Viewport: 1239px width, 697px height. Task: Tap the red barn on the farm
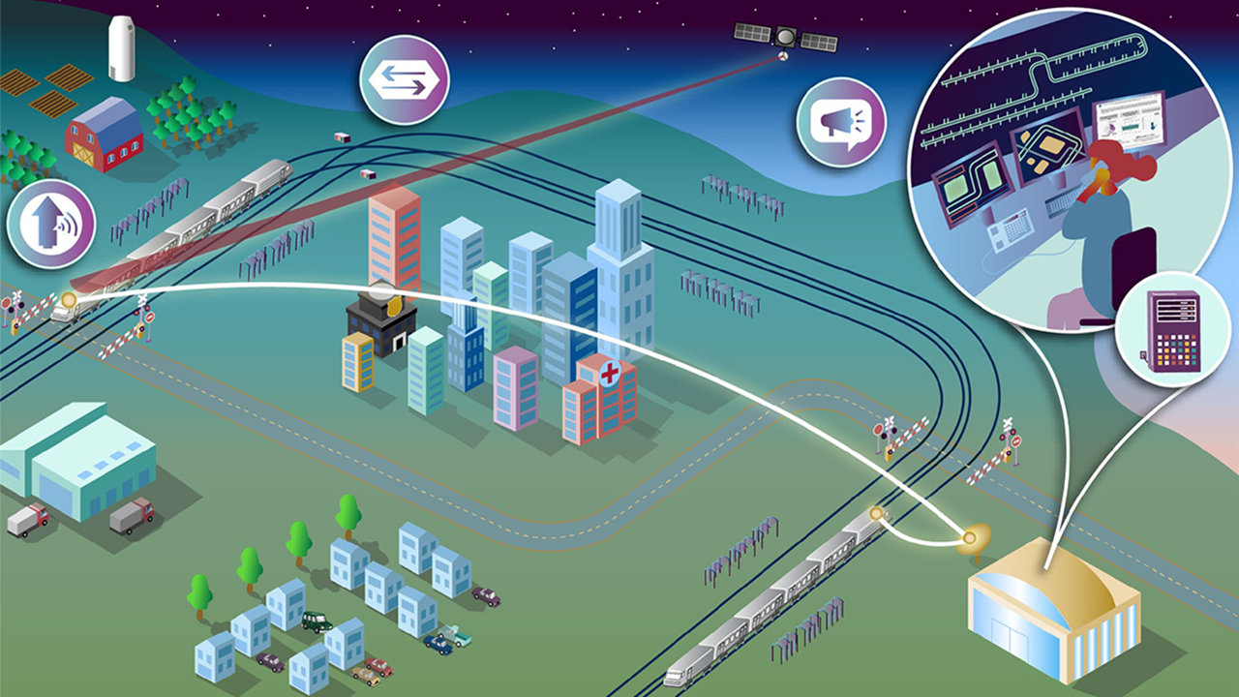[103, 136]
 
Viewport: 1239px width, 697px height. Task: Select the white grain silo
[122, 48]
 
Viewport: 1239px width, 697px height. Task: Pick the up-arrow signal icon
[50, 224]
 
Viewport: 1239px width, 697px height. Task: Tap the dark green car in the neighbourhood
[317, 621]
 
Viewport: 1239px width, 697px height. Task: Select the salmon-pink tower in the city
[394, 237]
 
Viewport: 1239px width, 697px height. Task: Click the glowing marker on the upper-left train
[69, 301]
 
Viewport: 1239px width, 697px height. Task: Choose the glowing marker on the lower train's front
[876, 513]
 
